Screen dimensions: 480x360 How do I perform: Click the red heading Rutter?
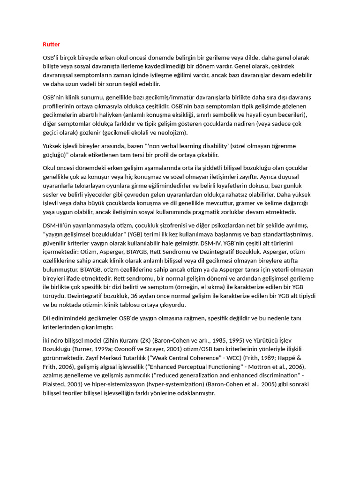point(51,44)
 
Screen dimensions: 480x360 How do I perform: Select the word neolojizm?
point(172,133)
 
